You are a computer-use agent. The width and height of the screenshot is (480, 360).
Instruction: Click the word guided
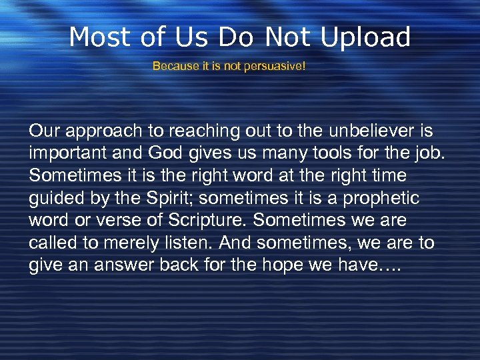coord(54,197)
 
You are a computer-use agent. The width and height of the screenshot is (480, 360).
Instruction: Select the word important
coord(65,152)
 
